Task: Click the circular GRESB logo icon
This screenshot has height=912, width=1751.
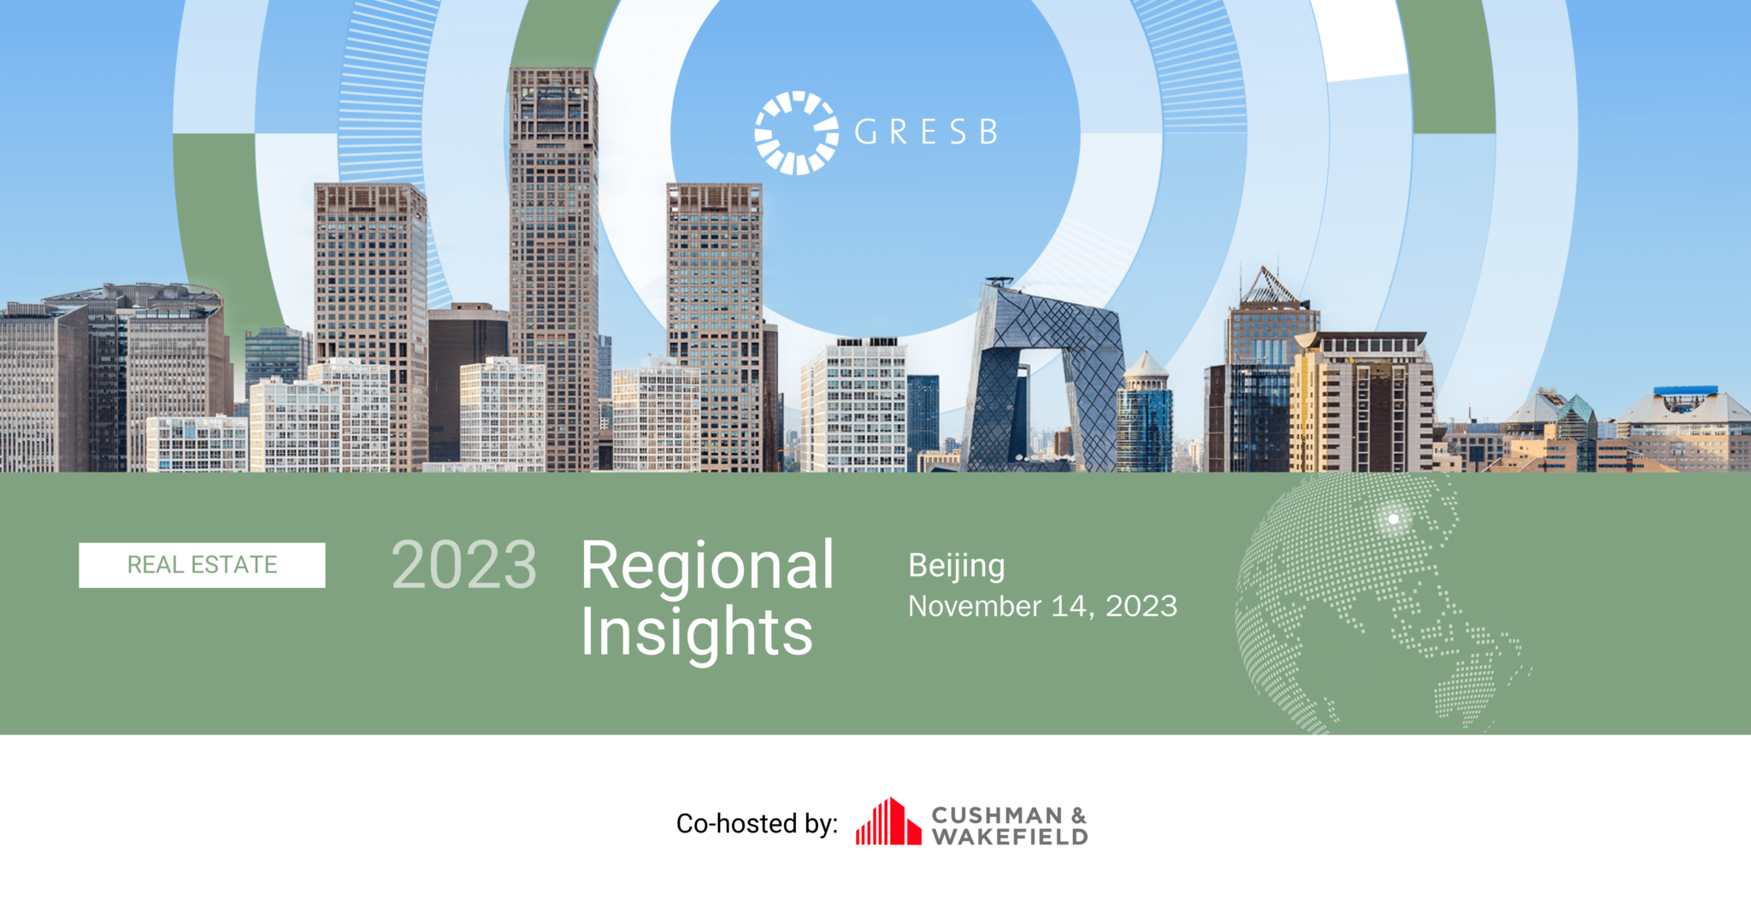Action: (x=797, y=132)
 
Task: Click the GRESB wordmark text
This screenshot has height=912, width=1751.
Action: (x=926, y=132)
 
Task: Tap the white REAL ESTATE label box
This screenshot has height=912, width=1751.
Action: (x=202, y=565)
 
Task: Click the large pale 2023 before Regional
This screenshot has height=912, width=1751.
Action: (x=463, y=565)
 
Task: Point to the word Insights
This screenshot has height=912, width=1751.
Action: (x=696, y=633)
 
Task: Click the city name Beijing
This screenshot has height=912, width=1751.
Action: (x=956, y=568)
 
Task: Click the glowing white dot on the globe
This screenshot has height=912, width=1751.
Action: (x=1393, y=519)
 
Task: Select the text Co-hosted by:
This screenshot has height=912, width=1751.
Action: (x=757, y=823)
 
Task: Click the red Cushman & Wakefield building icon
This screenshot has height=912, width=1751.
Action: (x=888, y=821)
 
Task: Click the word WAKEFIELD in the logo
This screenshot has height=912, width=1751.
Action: (x=1010, y=836)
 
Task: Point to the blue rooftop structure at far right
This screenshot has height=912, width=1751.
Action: (x=1685, y=391)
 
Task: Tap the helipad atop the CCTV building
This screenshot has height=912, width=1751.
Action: (x=999, y=281)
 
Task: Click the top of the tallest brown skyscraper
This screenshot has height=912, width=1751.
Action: (x=553, y=73)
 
